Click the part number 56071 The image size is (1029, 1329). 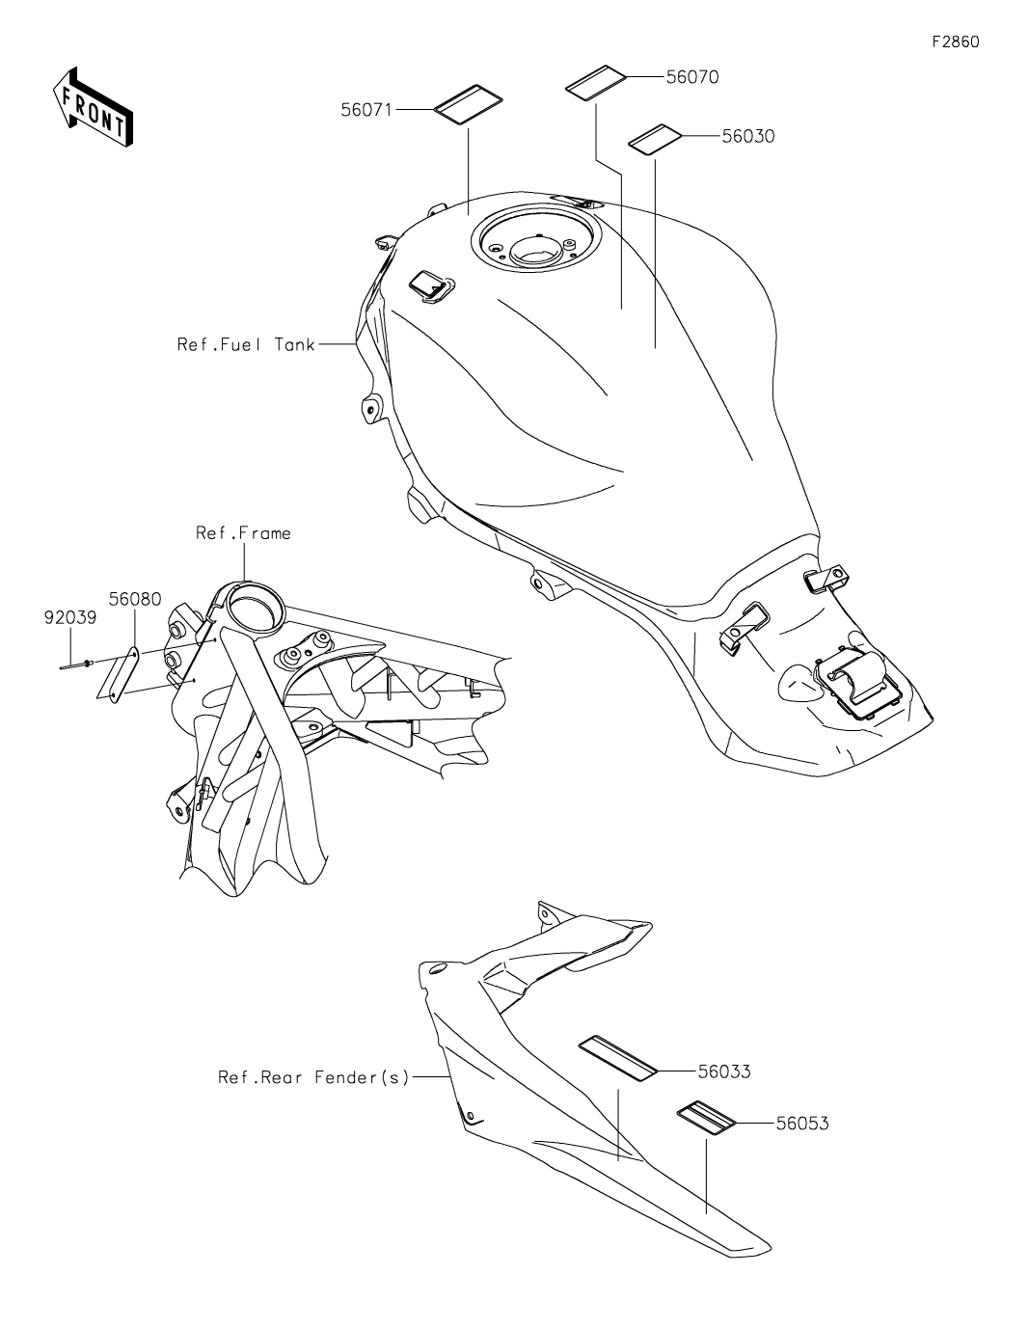click(366, 110)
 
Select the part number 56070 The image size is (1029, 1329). click(691, 77)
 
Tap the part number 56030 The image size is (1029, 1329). click(747, 136)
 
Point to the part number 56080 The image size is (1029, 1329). click(134, 599)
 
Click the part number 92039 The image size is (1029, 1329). click(70, 618)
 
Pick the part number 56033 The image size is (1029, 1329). click(723, 1071)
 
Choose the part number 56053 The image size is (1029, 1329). click(801, 1123)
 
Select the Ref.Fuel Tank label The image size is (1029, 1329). click(246, 344)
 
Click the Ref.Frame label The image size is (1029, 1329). click(243, 532)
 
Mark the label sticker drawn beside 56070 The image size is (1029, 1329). click(595, 82)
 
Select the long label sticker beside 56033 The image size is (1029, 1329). click(617, 1054)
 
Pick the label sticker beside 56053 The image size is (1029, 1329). click(706, 1121)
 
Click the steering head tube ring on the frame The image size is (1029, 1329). click(254, 608)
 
